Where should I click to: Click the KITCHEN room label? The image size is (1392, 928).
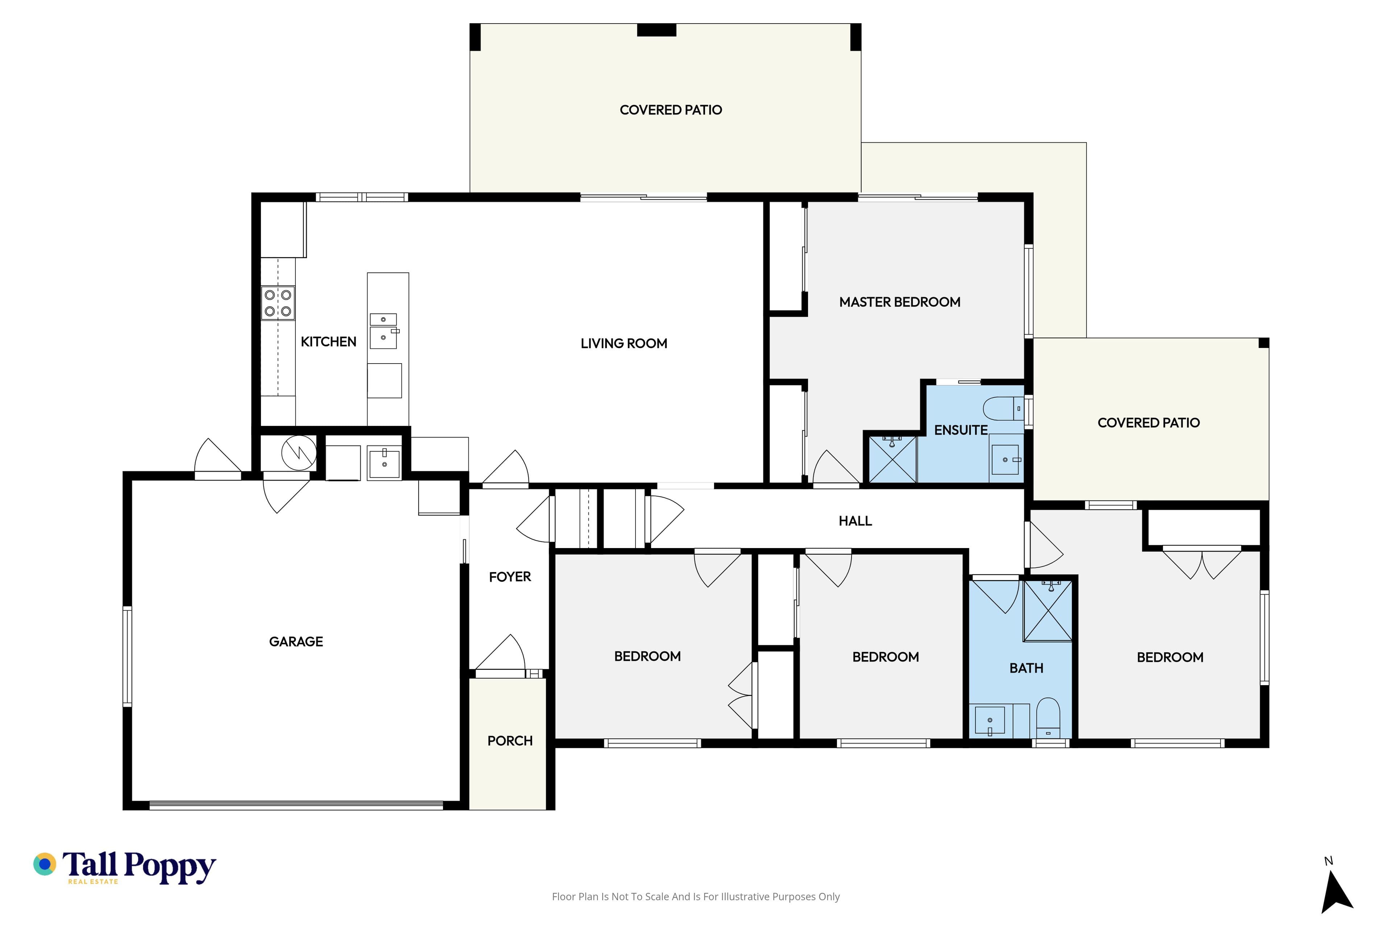328,341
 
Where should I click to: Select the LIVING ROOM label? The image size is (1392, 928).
624,343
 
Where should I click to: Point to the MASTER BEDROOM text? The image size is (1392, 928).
900,302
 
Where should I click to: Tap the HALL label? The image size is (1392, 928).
855,521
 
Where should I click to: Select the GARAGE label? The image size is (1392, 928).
296,642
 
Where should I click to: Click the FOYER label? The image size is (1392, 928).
510,576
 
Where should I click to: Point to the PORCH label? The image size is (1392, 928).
510,741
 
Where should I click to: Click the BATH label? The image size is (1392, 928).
1026,668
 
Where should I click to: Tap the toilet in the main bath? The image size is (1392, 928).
1048,718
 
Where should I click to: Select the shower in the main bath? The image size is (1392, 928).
1048,610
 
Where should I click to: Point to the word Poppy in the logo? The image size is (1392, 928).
170,867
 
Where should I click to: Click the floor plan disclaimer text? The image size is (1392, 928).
695,896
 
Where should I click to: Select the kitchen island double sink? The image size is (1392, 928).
384,331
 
